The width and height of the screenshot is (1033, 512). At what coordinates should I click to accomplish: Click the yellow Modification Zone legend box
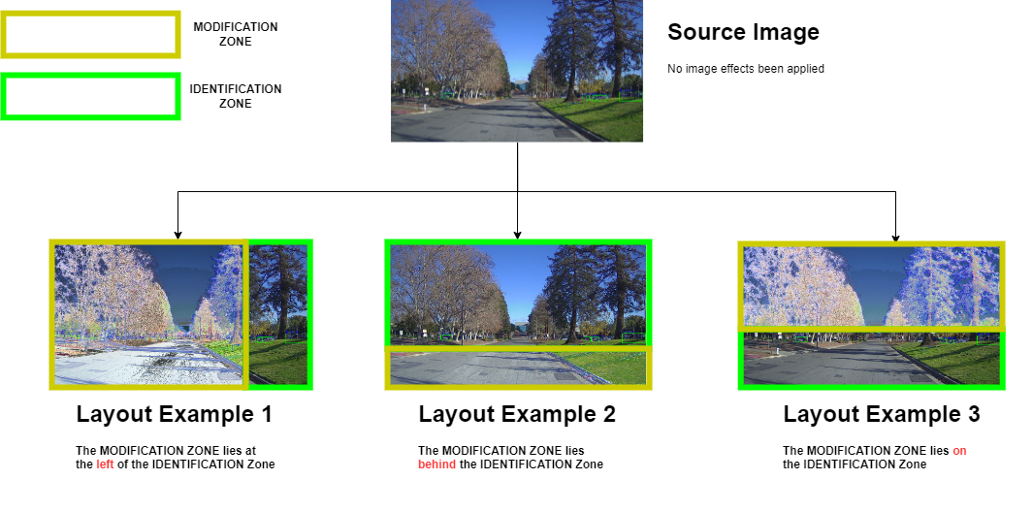click(91, 35)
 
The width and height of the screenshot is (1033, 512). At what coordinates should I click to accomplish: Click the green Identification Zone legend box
click(91, 97)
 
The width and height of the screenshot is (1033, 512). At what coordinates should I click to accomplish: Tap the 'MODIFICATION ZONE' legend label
click(236, 34)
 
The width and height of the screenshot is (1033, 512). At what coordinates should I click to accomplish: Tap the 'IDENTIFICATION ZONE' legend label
click(236, 96)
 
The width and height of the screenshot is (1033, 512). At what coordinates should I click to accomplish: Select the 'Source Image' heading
click(743, 32)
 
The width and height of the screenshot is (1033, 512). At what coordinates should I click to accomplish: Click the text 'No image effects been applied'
click(746, 69)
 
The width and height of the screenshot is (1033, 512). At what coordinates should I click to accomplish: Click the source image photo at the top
click(516, 71)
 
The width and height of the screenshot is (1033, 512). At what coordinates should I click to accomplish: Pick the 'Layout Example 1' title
click(175, 414)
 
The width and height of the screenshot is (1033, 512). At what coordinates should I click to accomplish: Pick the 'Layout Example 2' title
click(517, 414)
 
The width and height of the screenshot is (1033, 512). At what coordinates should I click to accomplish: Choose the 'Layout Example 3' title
click(882, 414)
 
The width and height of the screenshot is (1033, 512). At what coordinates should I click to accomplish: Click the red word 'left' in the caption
click(105, 464)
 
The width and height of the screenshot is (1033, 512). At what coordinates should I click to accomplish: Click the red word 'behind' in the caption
click(436, 464)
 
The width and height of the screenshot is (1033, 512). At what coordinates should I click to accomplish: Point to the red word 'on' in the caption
click(959, 451)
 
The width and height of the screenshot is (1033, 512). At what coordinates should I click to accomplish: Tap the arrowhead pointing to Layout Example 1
click(178, 235)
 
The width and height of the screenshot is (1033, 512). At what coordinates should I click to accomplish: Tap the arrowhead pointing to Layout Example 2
click(517, 235)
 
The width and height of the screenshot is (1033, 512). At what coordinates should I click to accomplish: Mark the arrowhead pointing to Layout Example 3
click(895, 237)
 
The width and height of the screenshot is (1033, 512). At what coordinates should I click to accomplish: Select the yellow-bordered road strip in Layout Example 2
click(518, 368)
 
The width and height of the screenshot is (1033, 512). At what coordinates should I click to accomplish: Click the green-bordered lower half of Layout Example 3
click(871, 360)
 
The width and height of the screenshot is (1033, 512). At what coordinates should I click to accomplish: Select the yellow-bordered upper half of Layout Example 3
click(871, 285)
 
